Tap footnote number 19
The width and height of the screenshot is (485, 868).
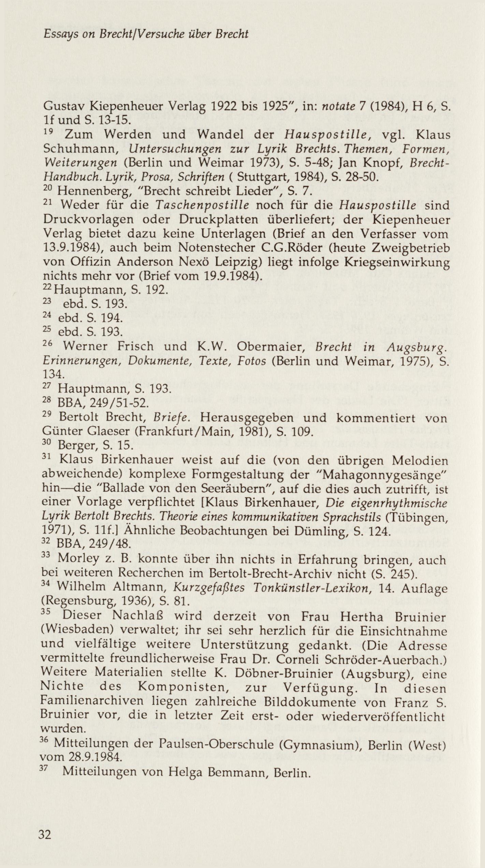(48, 132)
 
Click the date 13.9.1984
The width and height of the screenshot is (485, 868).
(71, 247)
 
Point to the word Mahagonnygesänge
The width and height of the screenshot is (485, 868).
(385, 475)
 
